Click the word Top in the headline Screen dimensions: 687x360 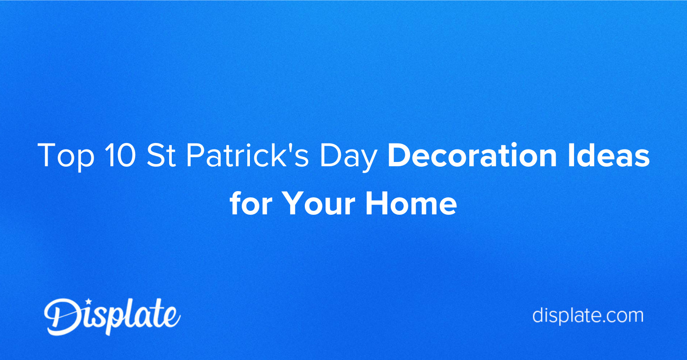66,156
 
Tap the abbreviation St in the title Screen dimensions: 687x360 161,155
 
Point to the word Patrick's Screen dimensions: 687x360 247,155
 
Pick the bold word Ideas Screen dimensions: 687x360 609,155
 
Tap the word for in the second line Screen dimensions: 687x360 251,203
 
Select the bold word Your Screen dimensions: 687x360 318,204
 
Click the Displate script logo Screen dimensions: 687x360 112,317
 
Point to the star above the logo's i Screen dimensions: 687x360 88,301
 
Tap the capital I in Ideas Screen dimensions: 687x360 571,155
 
